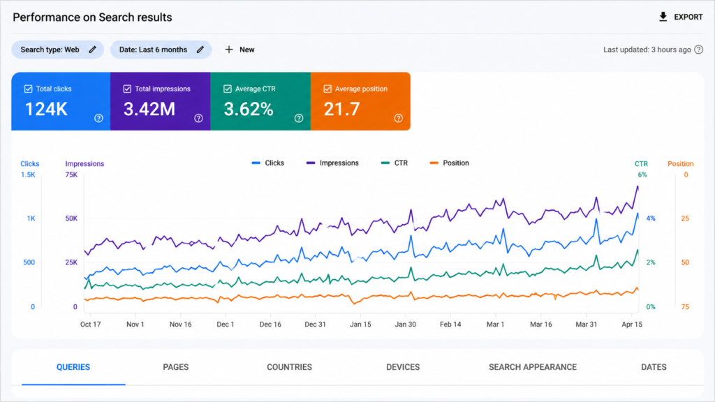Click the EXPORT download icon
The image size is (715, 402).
coord(663,17)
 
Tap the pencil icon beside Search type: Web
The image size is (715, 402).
coord(93,50)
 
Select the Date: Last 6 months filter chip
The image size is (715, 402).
coord(161,50)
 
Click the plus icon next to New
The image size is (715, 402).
coord(229,50)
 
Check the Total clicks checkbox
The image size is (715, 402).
coord(28,89)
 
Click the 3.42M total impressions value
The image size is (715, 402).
coord(149,109)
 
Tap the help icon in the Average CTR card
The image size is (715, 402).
coord(299,118)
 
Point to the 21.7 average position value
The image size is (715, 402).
coord(341,109)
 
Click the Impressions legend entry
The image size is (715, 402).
coord(332,163)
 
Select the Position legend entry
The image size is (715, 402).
coord(449,163)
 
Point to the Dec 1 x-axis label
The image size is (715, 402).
coord(226,325)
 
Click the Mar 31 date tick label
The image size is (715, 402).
coord(586,325)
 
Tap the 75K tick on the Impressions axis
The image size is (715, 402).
coord(71,174)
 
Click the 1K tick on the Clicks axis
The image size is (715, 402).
coord(31,218)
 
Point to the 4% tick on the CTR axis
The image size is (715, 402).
coord(651,218)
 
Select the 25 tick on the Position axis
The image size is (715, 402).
coord(685,218)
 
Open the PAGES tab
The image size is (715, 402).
coord(175,367)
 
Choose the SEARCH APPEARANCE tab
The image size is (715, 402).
coord(533,367)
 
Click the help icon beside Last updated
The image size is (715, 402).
coord(698,50)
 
